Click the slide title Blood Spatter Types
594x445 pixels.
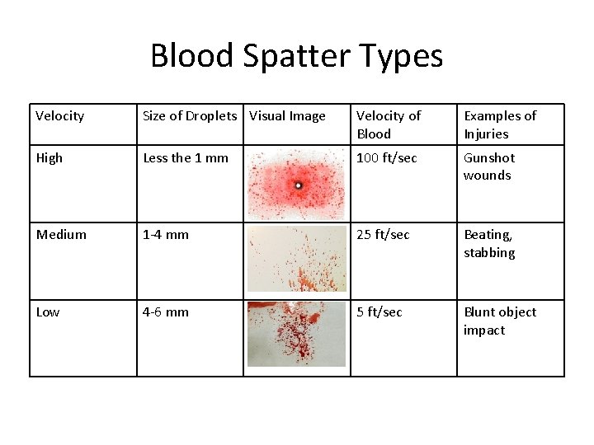pos(296,56)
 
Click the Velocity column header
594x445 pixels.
pos(59,116)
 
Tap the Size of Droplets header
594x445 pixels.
pos(189,116)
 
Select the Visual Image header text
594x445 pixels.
pos(287,116)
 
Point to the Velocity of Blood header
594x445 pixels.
pos(388,124)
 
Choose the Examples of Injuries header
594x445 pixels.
pos(499,124)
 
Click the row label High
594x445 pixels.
pos(49,157)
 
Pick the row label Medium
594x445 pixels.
pos(61,235)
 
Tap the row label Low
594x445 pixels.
pos(48,312)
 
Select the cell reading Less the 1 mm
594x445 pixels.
pos(186,157)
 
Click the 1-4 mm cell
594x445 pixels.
pos(165,235)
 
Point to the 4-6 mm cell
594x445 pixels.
pos(165,312)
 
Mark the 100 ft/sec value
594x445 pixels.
pos(386,157)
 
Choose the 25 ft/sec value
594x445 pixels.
pos(382,235)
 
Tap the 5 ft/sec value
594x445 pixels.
pos(379,312)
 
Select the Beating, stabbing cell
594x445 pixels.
pos(488,244)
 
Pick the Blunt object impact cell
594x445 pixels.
pos(499,321)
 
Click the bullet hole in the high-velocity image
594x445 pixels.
pos(298,185)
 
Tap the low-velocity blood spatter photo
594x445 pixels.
pos(297,334)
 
